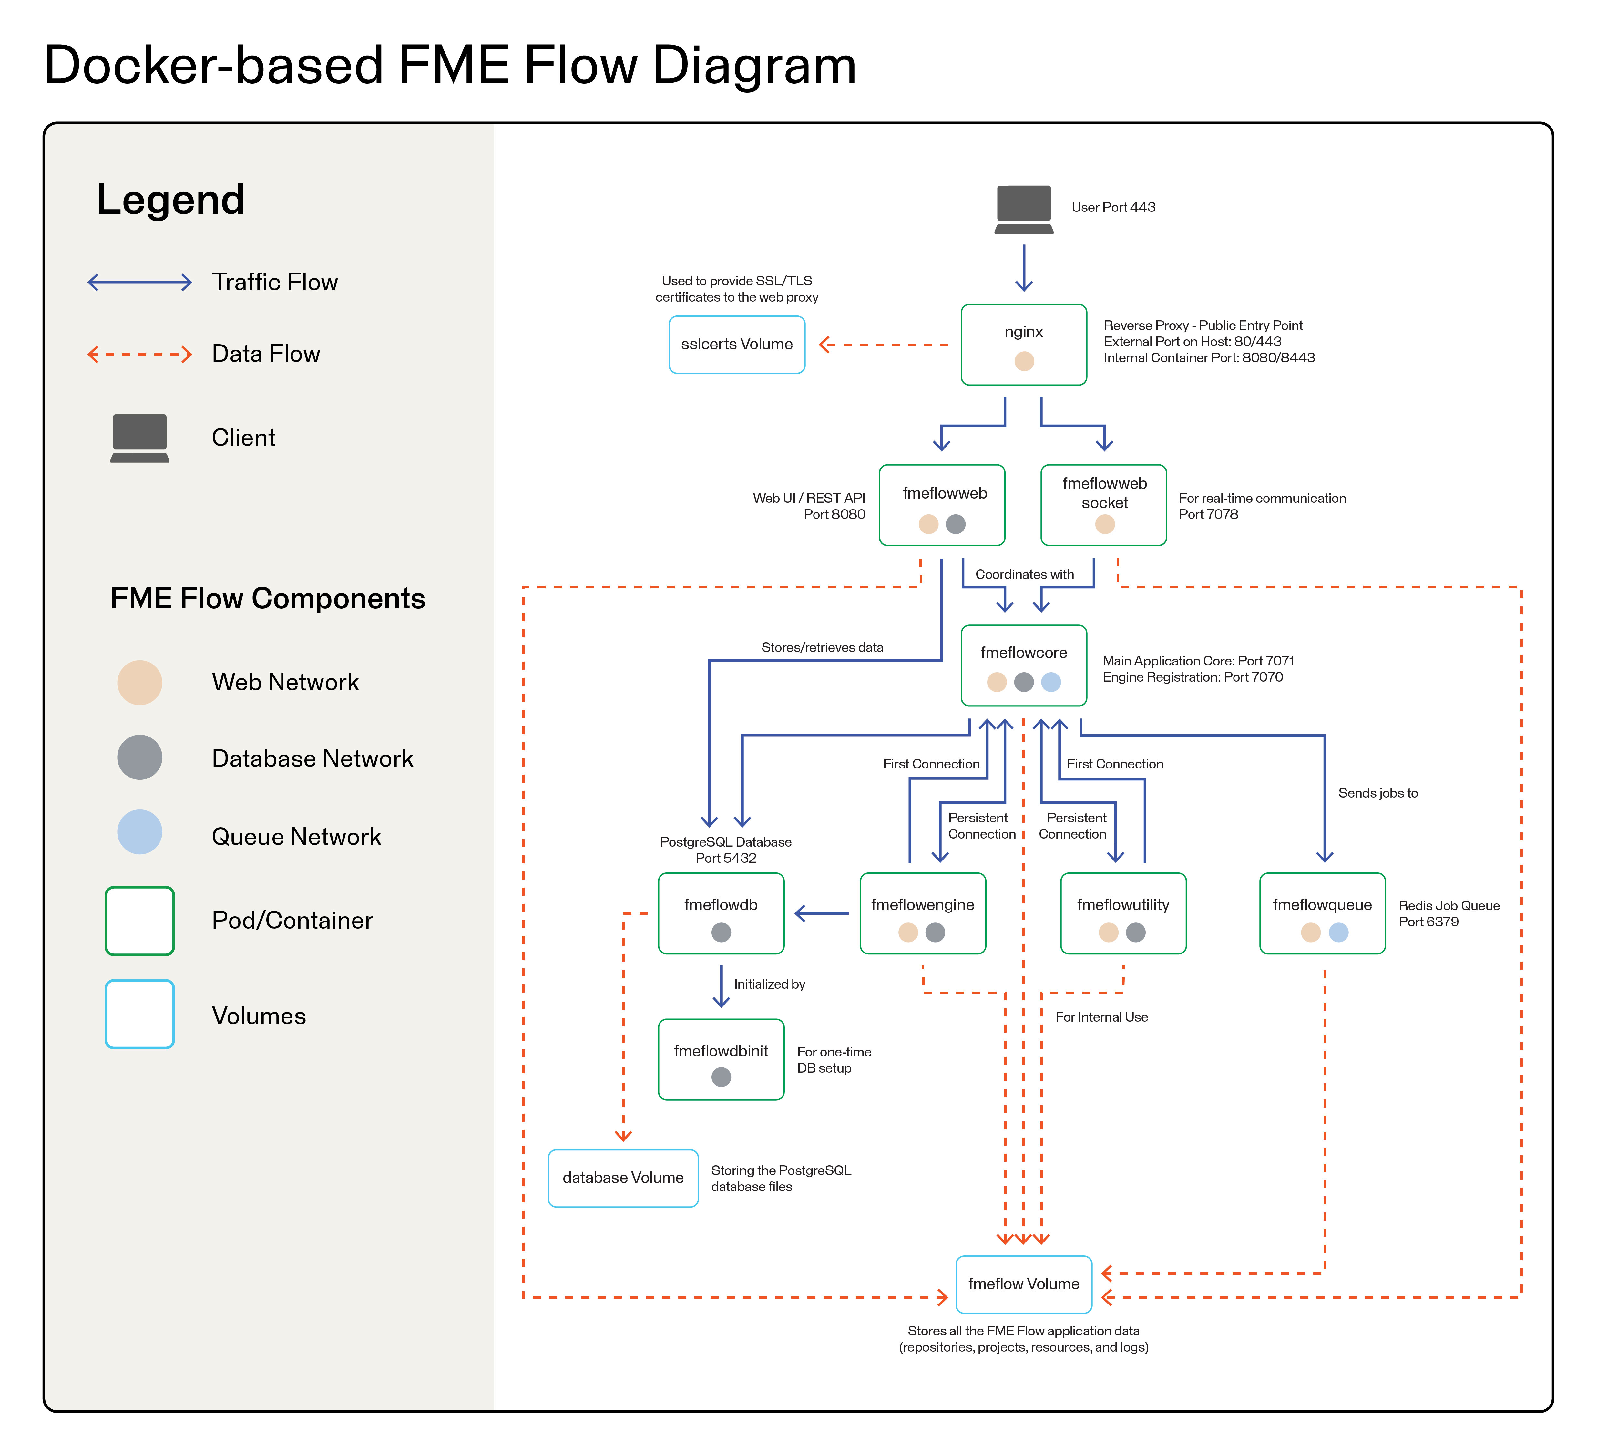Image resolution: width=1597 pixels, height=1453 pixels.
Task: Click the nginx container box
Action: pyautogui.click(x=1023, y=345)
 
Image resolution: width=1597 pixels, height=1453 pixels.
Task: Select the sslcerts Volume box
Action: pyautogui.click(x=737, y=345)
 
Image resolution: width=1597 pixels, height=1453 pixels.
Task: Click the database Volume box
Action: pyautogui.click(x=623, y=1178)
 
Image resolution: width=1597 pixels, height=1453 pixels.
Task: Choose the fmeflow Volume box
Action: pyautogui.click(x=1023, y=1284)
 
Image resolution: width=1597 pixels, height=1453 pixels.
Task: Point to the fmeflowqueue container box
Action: pyautogui.click(x=1322, y=913)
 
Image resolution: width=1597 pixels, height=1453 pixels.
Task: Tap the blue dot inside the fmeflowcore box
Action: pyautogui.click(x=1051, y=682)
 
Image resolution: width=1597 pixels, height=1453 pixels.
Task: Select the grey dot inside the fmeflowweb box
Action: pyautogui.click(x=956, y=524)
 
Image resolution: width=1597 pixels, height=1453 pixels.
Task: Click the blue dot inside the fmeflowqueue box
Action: pyautogui.click(x=1339, y=933)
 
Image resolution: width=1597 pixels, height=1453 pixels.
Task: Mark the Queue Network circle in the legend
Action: pyautogui.click(x=139, y=832)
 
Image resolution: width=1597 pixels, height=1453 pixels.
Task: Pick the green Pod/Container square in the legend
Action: pyautogui.click(x=139, y=921)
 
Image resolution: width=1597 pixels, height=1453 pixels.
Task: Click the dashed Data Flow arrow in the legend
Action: pyautogui.click(x=139, y=354)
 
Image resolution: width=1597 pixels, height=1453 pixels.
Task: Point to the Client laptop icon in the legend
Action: pyautogui.click(x=139, y=437)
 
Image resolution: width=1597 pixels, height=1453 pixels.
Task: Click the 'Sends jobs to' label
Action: pyautogui.click(x=1377, y=793)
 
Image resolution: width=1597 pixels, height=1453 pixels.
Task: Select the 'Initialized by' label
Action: pyautogui.click(x=769, y=984)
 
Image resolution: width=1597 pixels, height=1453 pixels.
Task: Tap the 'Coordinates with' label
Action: pyautogui.click(x=1024, y=574)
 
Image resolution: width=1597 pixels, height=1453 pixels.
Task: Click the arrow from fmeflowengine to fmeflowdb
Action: pyautogui.click(x=822, y=913)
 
